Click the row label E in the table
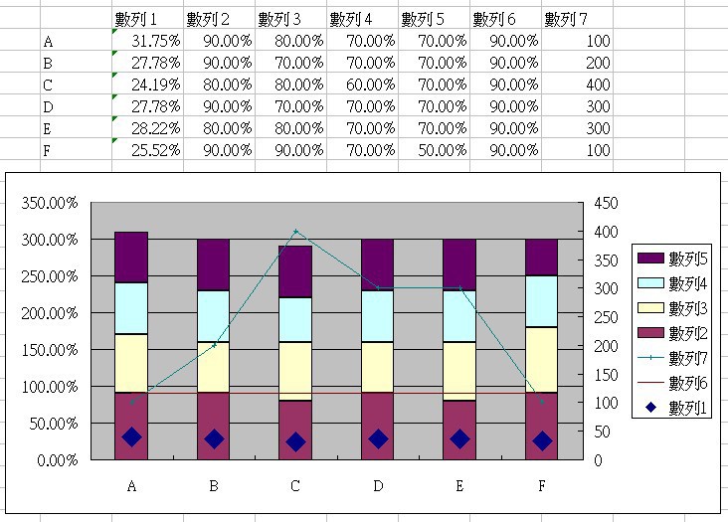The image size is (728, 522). pyautogui.click(x=48, y=128)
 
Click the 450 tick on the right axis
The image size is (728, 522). pyautogui.click(x=605, y=203)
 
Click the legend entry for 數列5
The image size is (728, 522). pyautogui.click(x=675, y=259)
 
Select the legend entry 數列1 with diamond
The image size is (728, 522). pyautogui.click(x=675, y=408)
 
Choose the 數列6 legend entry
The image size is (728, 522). pyautogui.click(x=675, y=383)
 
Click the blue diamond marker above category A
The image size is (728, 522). pyautogui.click(x=132, y=436)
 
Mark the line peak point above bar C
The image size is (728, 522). pyautogui.click(x=295, y=232)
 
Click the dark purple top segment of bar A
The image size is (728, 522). pyautogui.click(x=132, y=257)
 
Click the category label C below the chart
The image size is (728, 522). pyautogui.click(x=295, y=486)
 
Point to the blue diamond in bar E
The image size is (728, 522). pyautogui.click(x=459, y=438)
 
